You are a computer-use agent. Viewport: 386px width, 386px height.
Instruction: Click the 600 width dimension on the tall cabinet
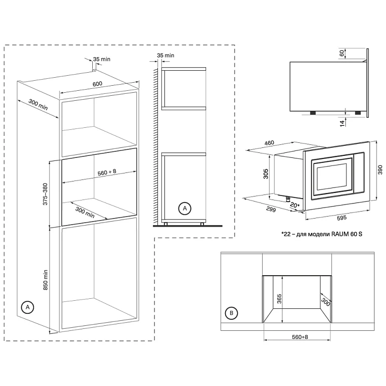97,84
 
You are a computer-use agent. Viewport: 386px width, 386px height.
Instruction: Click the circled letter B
231,314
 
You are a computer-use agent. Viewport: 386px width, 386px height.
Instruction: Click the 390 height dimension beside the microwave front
379,170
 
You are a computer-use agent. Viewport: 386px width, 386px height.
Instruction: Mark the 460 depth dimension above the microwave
269,143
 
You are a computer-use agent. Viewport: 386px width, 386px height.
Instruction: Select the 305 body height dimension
266,173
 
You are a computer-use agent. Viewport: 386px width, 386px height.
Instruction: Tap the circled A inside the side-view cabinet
184,207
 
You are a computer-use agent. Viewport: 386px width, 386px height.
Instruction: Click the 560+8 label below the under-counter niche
297,337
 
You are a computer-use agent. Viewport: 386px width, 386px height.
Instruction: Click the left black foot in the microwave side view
312,113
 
